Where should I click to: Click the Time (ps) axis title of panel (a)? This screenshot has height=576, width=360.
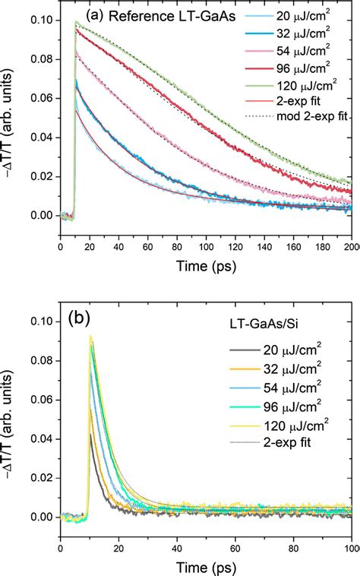206,263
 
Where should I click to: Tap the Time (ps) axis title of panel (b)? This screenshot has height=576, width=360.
206,565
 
